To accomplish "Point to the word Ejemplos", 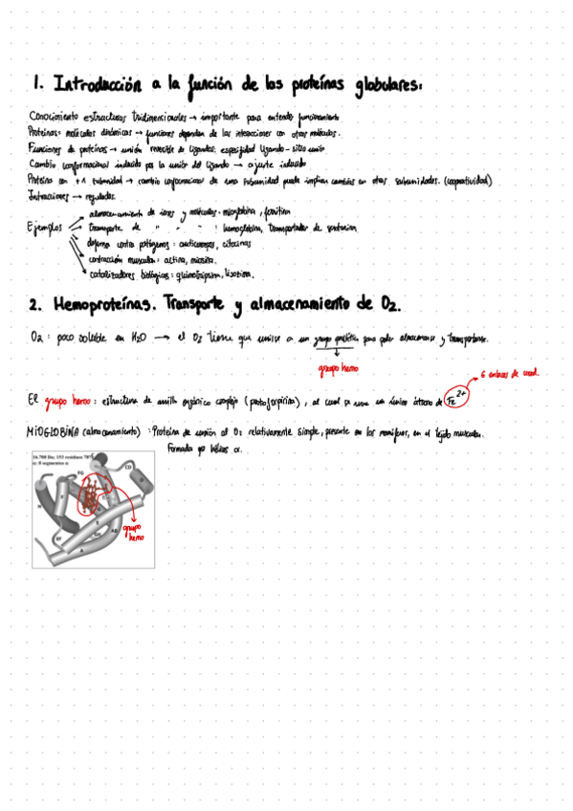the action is tap(45, 229).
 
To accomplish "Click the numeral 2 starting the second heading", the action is tap(34, 306).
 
